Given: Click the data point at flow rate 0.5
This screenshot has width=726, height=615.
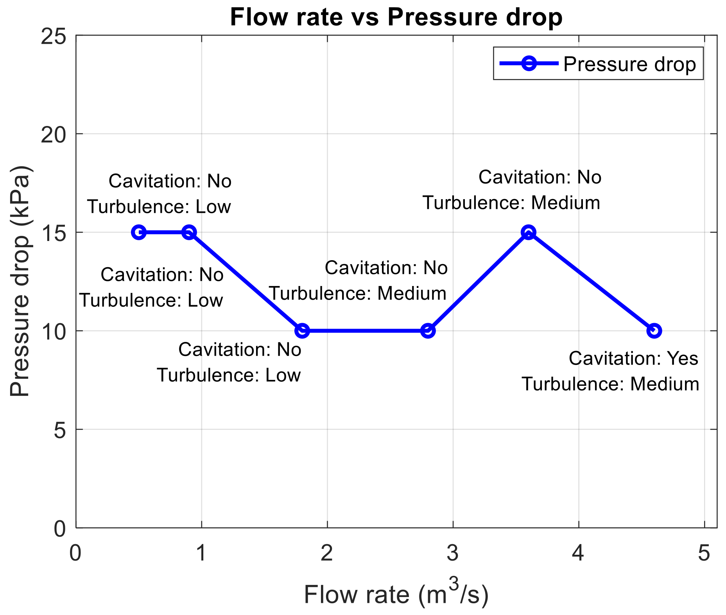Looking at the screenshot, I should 139,232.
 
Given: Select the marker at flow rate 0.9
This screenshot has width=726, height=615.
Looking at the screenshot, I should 189,232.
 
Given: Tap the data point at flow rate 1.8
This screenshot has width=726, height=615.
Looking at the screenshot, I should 302,331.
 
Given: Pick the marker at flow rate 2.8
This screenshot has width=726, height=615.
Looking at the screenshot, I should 428,331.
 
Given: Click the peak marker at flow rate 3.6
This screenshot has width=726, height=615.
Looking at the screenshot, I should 529,232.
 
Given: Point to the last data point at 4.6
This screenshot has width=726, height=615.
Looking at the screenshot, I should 654,331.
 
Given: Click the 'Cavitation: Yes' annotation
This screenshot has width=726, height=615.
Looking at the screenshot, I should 633,358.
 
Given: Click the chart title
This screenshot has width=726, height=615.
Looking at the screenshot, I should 396,17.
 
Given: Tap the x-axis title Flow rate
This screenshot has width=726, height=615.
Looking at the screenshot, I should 396,595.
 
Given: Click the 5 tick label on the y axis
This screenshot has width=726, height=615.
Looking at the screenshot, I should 59,430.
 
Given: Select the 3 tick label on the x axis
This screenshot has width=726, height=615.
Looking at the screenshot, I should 453,554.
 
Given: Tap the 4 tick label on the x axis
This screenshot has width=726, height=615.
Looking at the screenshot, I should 578,554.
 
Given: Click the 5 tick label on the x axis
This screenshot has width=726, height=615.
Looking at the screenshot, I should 704,554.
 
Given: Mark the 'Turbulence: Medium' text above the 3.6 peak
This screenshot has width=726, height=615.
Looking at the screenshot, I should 511,203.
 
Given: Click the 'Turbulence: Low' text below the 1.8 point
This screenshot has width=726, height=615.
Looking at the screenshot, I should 229,376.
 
